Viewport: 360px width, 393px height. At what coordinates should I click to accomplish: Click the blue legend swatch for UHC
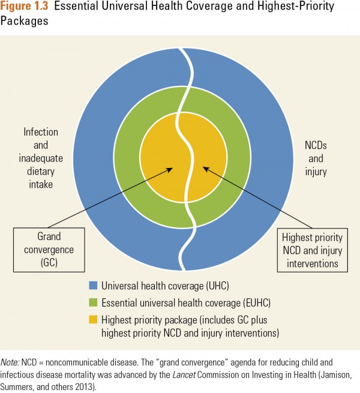[x=93, y=286]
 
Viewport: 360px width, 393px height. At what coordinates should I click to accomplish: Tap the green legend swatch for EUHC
[x=93, y=302]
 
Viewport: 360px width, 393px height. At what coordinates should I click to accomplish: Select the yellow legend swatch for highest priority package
[x=93, y=319]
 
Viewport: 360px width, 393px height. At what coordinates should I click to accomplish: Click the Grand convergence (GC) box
[x=49, y=250]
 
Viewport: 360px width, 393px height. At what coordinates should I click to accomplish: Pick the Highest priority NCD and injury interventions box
[x=313, y=250]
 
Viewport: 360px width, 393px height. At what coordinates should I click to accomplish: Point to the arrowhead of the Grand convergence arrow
[x=170, y=169]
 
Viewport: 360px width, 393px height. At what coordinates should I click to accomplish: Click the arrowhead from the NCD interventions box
[x=205, y=169]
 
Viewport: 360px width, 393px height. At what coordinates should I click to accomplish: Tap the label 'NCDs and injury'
[x=316, y=158]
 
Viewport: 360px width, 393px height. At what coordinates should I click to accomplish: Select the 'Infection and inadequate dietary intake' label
[x=41, y=158]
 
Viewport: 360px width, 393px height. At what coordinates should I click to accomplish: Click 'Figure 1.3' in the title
[x=24, y=6]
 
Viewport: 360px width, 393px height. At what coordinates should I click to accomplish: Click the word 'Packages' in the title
[x=24, y=20]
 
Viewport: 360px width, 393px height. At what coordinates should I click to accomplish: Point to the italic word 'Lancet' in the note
[x=184, y=375]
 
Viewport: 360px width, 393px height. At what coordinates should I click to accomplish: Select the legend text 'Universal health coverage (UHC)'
[x=165, y=286]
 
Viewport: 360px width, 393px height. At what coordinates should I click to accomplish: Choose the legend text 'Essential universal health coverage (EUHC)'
[x=186, y=303]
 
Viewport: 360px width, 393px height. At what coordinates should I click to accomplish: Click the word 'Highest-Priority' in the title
[x=296, y=6]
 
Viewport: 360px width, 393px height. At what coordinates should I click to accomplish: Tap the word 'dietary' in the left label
[x=41, y=172]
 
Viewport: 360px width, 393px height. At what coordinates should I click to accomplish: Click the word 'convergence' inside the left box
[x=49, y=250]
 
